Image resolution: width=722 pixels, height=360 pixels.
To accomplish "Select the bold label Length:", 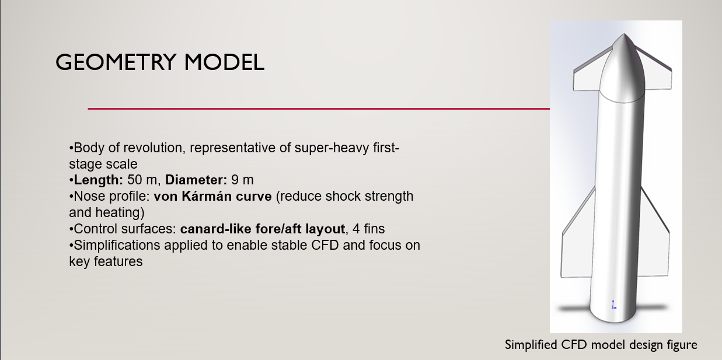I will pos(99,180).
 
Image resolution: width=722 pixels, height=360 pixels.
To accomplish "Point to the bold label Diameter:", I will pos(196,180).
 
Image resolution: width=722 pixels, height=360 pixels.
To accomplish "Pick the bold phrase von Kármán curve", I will pos(212,196).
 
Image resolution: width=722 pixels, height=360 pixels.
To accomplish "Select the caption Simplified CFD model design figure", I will pos(601,345).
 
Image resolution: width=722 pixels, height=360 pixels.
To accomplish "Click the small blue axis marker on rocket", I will pos(613,304).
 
